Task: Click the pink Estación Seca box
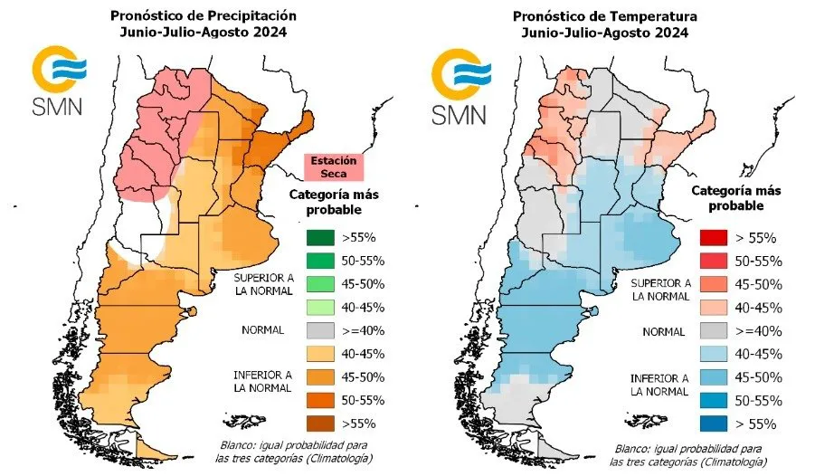click(x=333, y=167)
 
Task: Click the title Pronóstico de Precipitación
click(x=203, y=16)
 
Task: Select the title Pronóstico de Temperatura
click(x=604, y=16)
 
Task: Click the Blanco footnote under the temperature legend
click(x=686, y=454)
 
